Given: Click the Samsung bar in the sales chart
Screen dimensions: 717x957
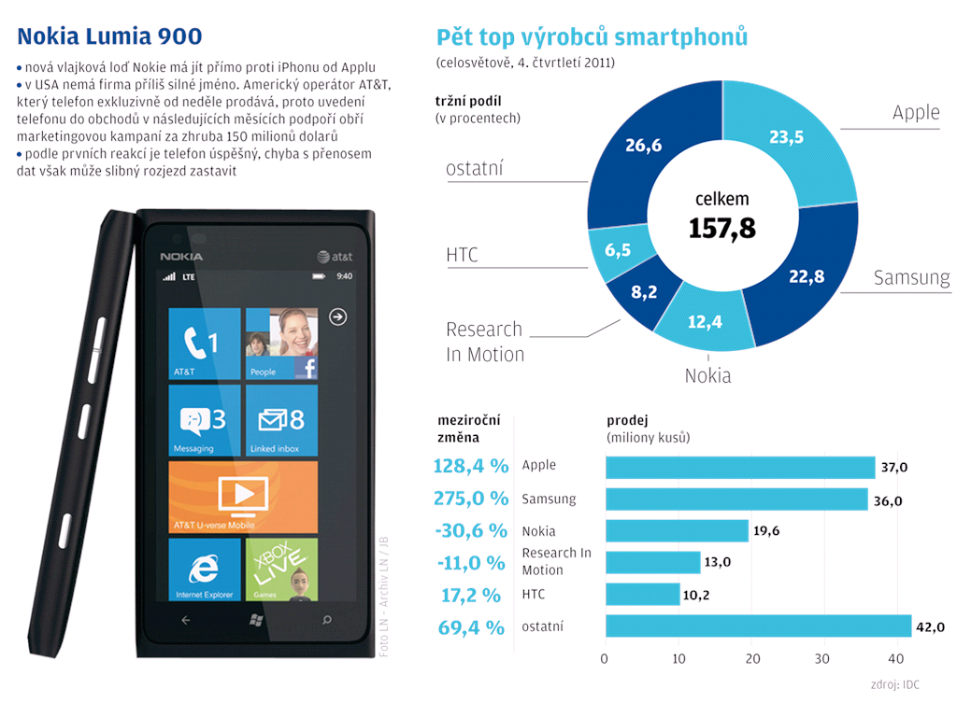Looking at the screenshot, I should [x=736, y=499].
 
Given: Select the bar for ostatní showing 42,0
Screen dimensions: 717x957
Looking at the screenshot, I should [x=758, y=626].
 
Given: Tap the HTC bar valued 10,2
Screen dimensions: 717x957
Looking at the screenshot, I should [x=643, y=594].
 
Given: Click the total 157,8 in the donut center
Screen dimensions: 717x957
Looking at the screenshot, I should [x=721, y=228].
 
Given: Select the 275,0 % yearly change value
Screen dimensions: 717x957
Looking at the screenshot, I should [x=471, y=498].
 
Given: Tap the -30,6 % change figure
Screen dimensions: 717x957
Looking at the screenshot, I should [x=471, y=530].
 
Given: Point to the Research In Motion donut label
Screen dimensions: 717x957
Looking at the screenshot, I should [x=485, y=342].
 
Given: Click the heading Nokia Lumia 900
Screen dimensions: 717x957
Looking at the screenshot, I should [x=109, y=36].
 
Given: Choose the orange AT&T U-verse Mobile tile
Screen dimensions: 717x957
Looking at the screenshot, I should [x=243, y=497].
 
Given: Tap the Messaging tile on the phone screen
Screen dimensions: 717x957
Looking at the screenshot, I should [x=205, y=420].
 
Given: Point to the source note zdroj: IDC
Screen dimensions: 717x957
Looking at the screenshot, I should [x=893, y=684].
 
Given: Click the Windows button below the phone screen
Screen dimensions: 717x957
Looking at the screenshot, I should [x=254, y=619].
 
